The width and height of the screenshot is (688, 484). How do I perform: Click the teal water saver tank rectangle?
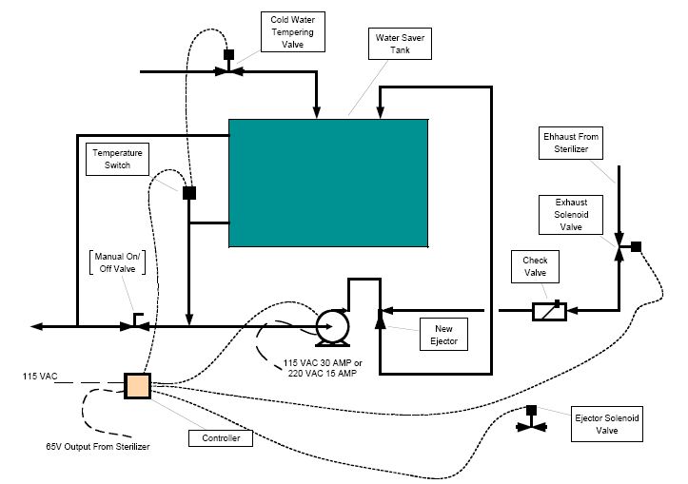[x=328, y=184]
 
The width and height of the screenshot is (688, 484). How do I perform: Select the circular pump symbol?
[x=329, y=326]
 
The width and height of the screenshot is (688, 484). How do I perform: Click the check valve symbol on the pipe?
[x=547, y=310]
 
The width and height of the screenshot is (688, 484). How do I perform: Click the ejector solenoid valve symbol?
[x=529, y=425]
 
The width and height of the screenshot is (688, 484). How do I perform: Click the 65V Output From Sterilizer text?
[x=98, y=445]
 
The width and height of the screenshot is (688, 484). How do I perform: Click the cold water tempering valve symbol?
[x=228, y=70]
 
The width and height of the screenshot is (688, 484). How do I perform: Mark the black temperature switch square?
[x=189, y=193]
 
